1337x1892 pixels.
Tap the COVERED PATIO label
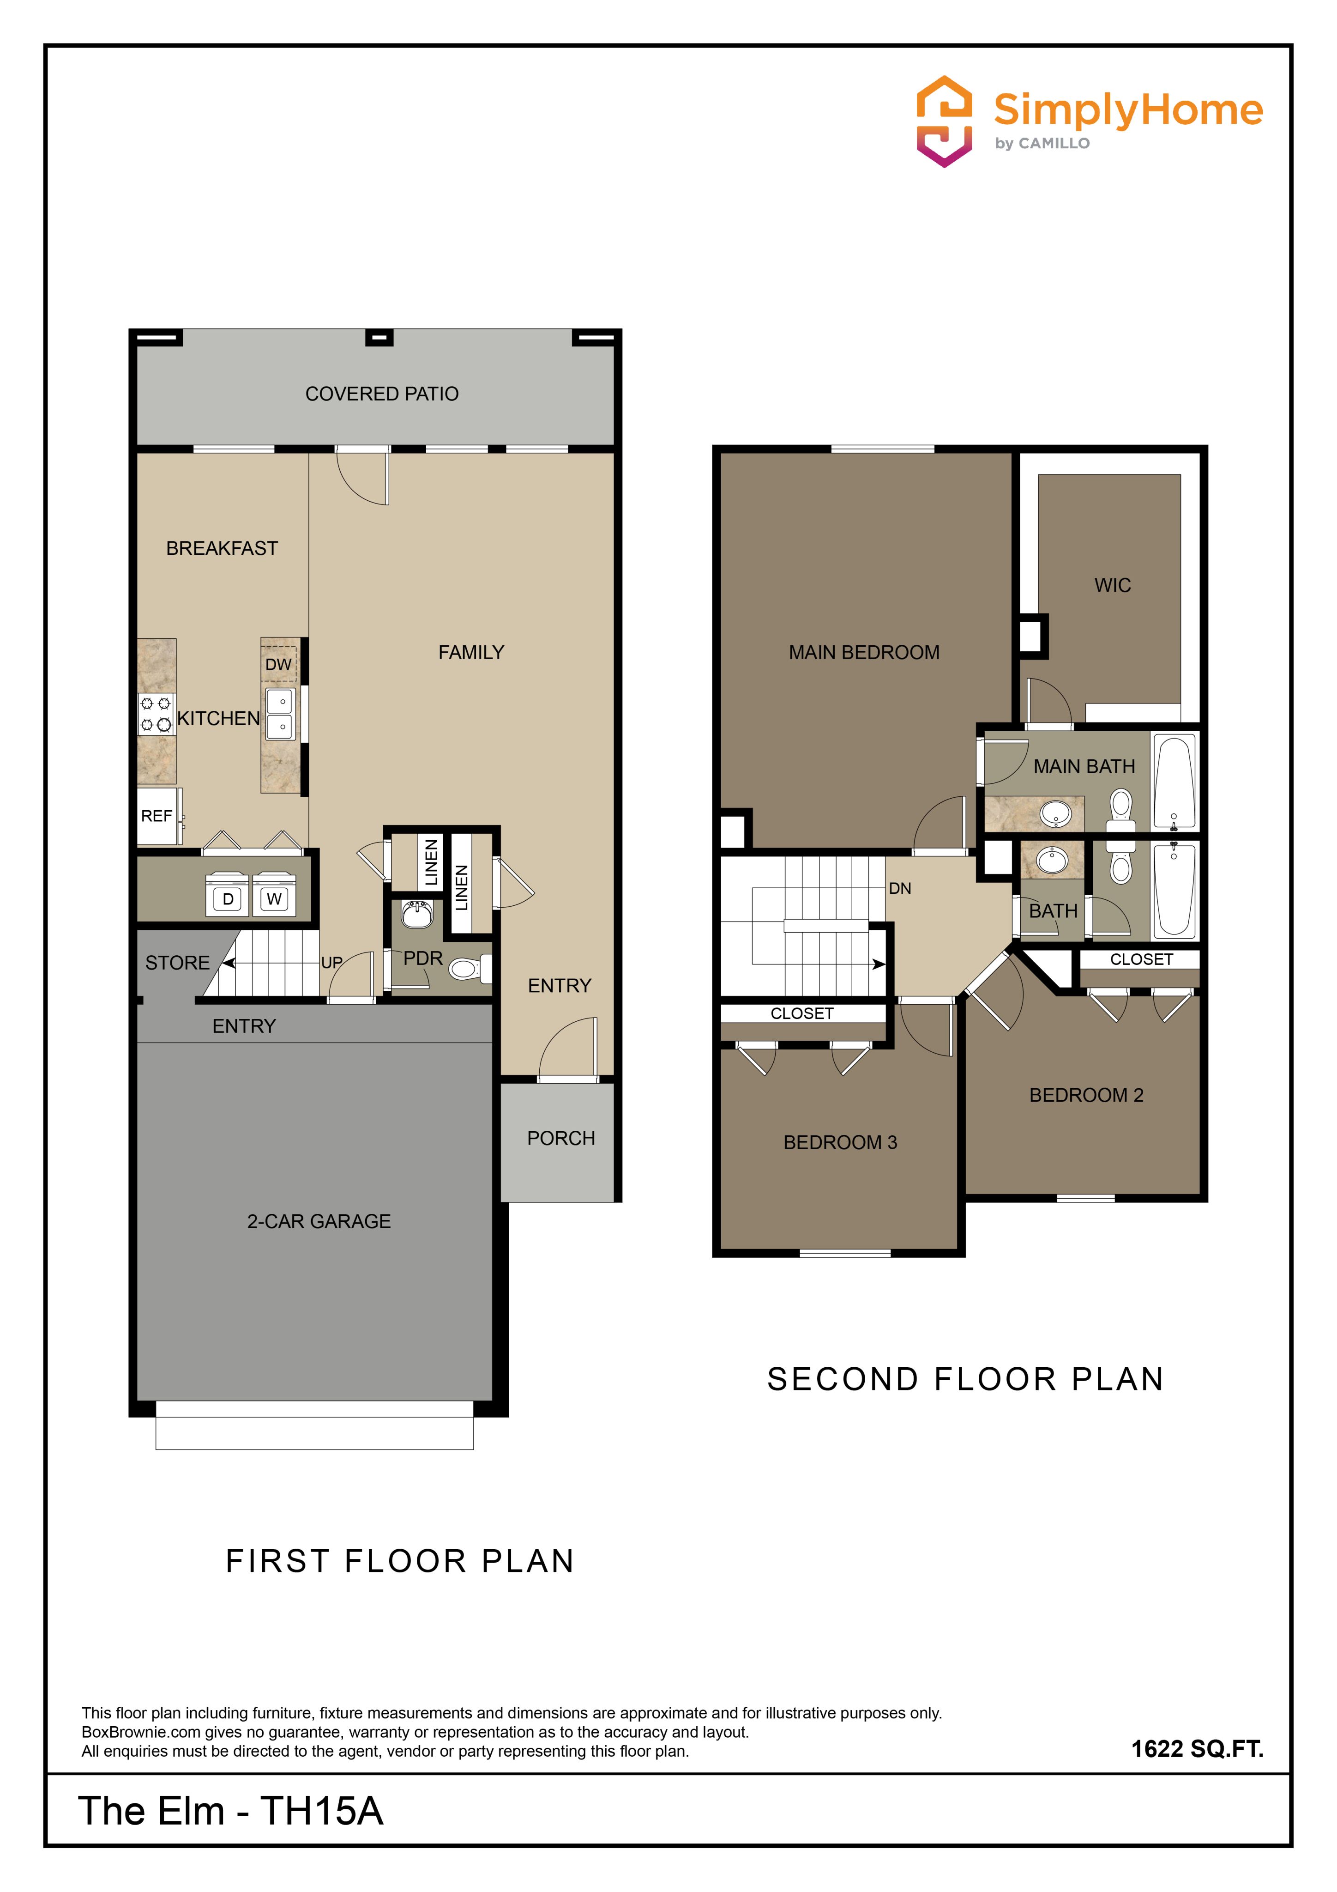tap(382, 394)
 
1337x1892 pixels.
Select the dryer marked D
tap(228, 899)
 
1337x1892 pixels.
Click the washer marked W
tap(274, 899)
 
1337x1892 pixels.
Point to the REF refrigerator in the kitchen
tap(159, 816)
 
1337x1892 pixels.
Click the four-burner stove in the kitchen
tap(156, 714)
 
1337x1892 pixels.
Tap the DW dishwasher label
tap(278, 664)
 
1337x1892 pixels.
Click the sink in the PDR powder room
tap(417, 914)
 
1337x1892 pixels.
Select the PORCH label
tap(561, 1138)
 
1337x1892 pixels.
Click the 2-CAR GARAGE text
tap(319, 1221)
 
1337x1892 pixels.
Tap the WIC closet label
tap(1113, 585)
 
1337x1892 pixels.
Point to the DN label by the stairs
tap(900, 888)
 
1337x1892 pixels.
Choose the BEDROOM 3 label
tap(840, 1142)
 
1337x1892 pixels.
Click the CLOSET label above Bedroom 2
tap(1141, 959)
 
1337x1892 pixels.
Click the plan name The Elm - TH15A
tap(231, 1810)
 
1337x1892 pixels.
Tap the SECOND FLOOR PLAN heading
tap(965, 1379)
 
